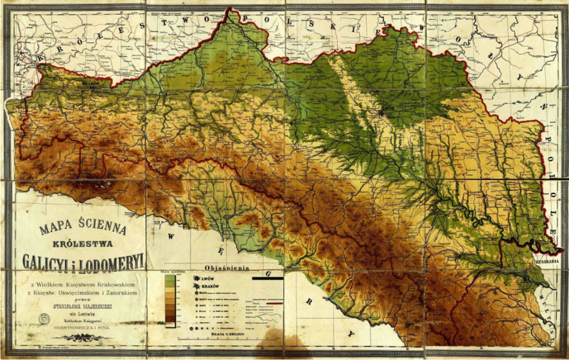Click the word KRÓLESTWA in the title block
tap(81, 242)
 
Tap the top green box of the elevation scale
tap(170, 279)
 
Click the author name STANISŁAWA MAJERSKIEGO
tap(81, 303)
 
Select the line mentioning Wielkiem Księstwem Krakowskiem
tap(81, 284)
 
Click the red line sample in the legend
tap(275, 303)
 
